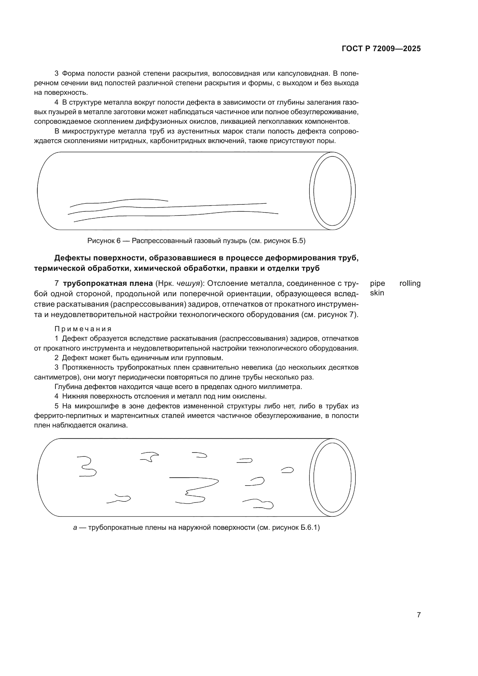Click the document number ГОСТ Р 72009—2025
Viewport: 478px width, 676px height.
(x=381, y=49)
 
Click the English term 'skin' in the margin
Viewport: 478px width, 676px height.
(x=377, y=293)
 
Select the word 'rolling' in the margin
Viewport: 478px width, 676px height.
(x=410, y=283)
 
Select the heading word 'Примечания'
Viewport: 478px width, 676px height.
(x=83, y=329)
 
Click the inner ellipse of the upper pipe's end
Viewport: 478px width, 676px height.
(x=332, y=191)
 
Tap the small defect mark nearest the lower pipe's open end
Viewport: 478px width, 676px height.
(x=287, y=470)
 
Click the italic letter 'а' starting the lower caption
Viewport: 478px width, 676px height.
(x=75, y=528)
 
